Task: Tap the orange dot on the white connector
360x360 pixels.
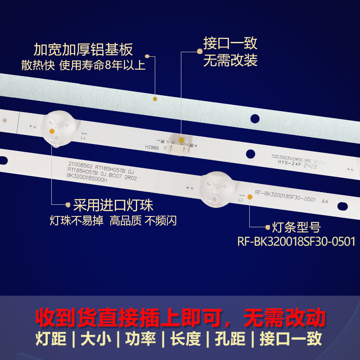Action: [180, 141]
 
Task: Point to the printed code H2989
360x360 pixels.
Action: [152, 147]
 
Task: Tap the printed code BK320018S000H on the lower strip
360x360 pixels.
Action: [87, 179]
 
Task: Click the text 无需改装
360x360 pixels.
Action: [230, 60]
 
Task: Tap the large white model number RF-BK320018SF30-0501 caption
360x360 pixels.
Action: [296, 242]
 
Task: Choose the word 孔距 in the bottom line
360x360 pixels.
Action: [230, 339]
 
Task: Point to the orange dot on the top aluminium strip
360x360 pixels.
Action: [154, 99]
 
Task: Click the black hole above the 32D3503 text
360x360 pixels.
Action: [255, 119]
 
